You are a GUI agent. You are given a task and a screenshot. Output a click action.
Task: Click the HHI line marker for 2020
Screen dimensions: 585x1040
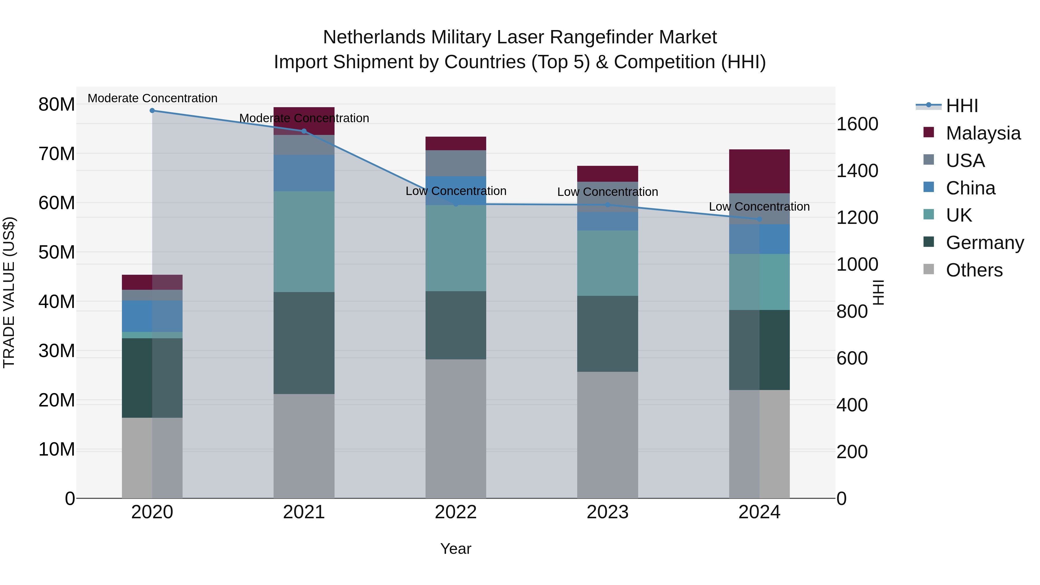[x=152, y=111]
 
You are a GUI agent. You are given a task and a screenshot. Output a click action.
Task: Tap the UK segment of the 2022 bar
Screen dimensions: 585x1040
[x=456, y=248]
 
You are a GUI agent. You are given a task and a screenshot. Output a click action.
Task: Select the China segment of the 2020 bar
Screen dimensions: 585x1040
[x=152, y=316]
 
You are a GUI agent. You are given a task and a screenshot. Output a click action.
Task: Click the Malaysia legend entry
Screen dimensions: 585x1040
[x=983, y=133]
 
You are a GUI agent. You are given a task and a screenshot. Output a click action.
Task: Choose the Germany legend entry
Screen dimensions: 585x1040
[x=984, y=243]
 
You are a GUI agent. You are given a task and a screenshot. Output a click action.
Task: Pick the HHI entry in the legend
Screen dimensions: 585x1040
[x=962, y=106]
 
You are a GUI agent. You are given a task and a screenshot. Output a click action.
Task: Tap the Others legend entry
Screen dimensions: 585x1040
[x=974, y=270]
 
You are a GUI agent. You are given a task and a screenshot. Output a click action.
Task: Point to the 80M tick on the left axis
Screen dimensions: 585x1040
[x=57, y=105]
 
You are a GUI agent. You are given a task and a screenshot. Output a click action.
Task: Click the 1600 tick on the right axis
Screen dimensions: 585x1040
[x=857, y=124]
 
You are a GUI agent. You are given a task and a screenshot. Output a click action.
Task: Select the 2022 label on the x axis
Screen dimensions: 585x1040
[x=456, y=512]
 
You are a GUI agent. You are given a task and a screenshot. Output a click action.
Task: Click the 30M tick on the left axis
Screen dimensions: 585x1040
[x=57, y=351]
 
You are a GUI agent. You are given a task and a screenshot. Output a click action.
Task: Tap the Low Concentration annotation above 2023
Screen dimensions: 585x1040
[x=607, y=192]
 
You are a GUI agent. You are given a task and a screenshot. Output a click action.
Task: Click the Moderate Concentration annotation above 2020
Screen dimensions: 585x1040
[x=152, y=98]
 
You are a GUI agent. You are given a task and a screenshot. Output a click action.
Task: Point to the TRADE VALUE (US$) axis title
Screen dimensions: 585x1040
[x=9, y=292]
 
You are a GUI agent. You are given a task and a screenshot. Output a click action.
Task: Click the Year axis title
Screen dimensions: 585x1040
[x=456, y=549]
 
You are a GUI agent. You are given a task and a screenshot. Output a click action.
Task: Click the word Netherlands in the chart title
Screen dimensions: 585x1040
[x=374, y=37]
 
